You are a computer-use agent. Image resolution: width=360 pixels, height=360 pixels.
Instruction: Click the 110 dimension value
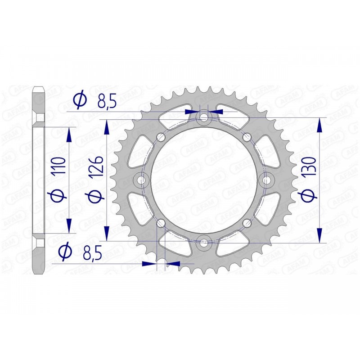point(62,166)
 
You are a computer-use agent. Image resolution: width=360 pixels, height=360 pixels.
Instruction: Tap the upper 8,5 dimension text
point(107,100)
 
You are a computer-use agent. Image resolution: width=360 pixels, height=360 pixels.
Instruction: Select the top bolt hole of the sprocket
point(204,118)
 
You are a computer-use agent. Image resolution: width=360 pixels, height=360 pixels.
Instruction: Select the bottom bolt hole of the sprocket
point(204,243)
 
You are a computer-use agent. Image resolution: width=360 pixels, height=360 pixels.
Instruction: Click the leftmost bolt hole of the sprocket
point(142,180)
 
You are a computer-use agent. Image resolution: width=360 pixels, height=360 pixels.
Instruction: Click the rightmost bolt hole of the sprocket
point(266,180)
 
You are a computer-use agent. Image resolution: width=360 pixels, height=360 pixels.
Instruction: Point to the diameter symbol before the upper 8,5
point(80,100)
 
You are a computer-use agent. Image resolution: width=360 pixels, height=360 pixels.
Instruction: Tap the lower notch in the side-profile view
point(40,243)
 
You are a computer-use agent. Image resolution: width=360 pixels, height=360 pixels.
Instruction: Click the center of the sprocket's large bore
point(204,180)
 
